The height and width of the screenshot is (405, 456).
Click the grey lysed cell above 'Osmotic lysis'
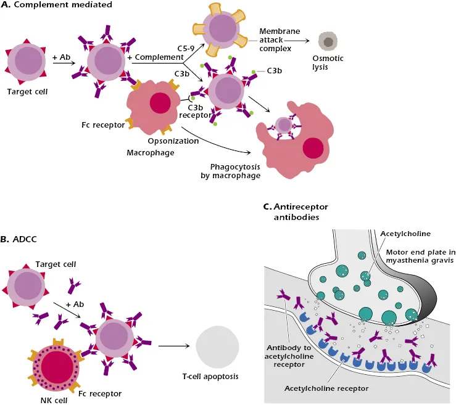[x=328, y=42]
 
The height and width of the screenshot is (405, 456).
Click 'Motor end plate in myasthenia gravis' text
[x=415, y=256]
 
